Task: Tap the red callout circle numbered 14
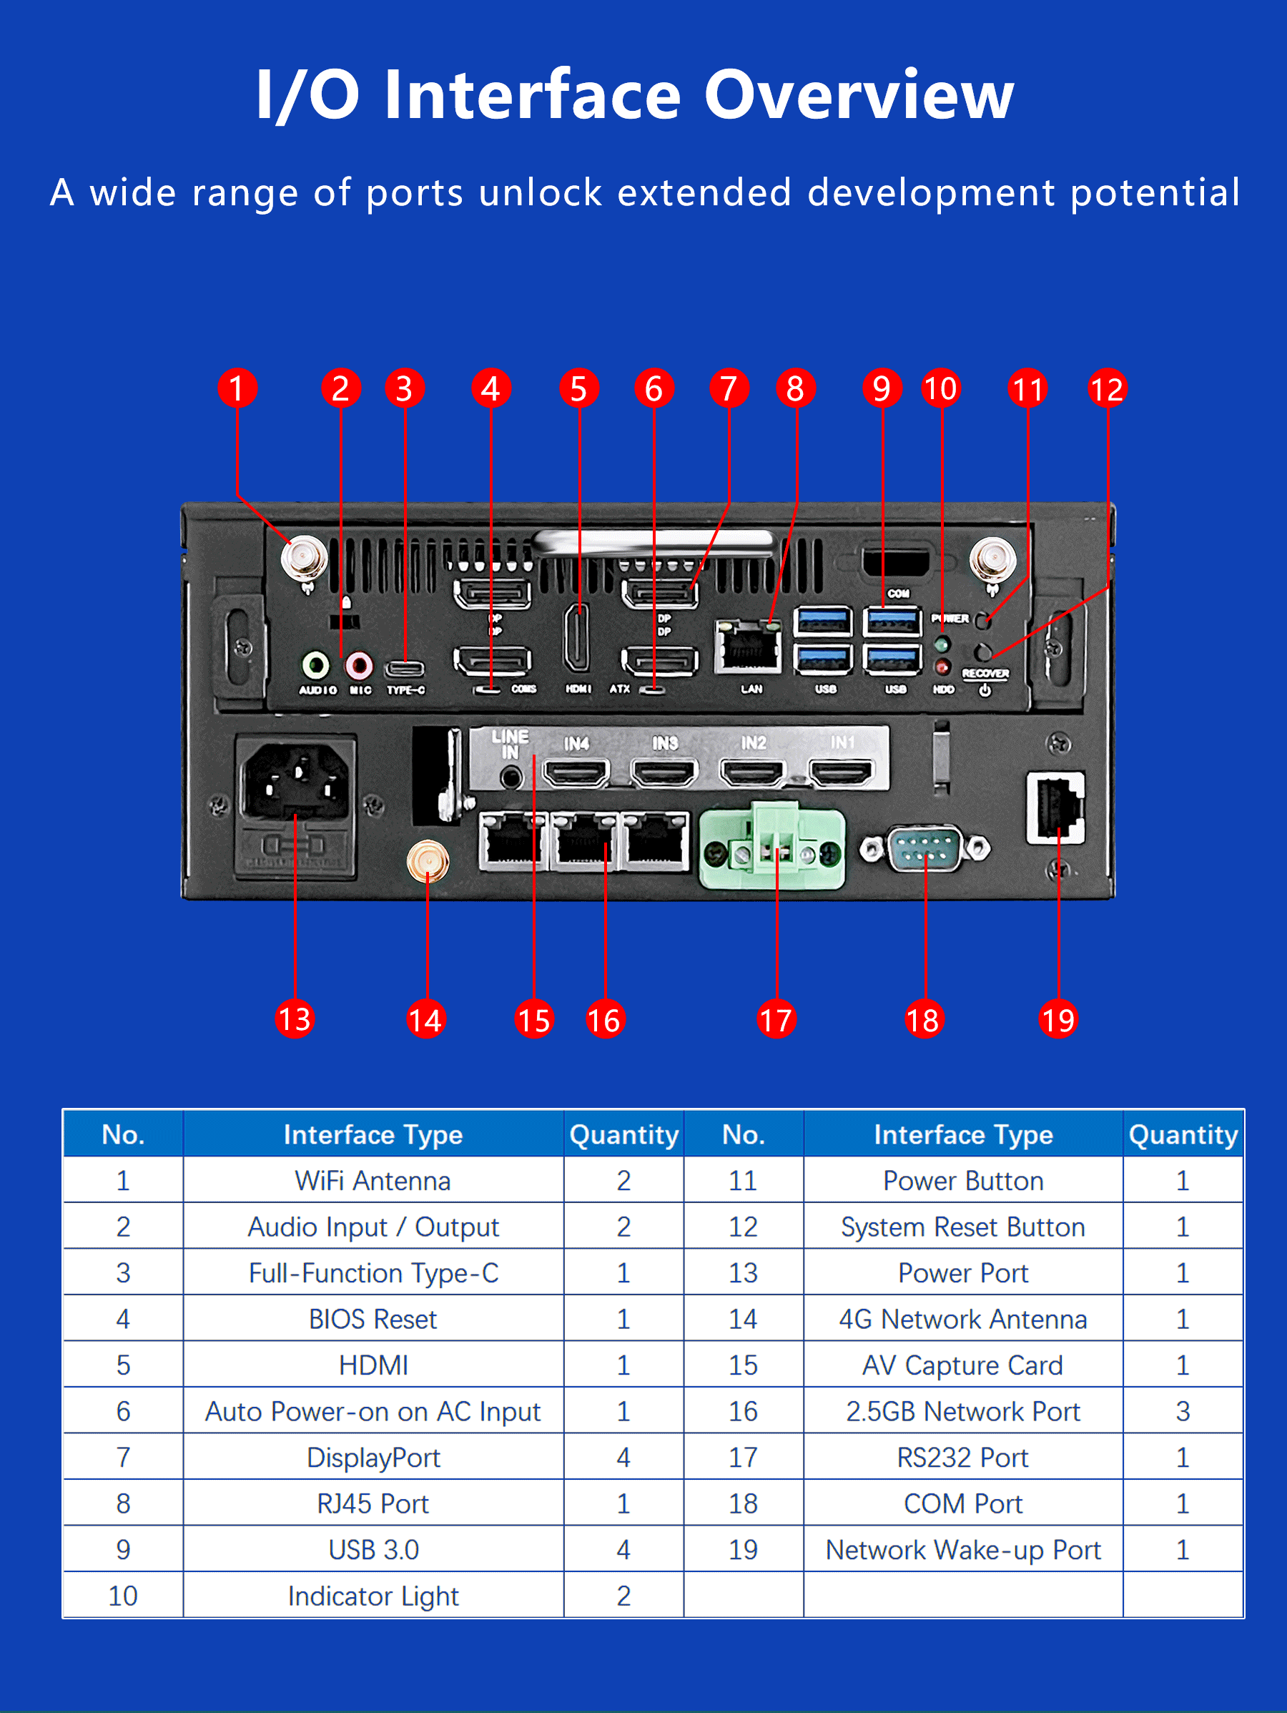point(426,1019)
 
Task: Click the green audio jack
point(315,664)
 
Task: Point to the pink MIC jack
point(358,664)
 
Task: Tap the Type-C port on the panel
point(405,668)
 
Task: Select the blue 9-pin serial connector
point(924,848)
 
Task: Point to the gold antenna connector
point(428,862)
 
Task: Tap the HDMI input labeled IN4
point(576,772)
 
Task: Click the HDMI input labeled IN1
point(841,772)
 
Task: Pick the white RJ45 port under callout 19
point(1055,807)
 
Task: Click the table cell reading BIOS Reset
point(373,1319)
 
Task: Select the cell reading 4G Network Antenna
point(962,1319)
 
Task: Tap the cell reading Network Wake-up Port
point(962,1550)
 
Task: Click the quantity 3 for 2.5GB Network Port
point(1183,1411)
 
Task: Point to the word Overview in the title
point(858,94)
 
